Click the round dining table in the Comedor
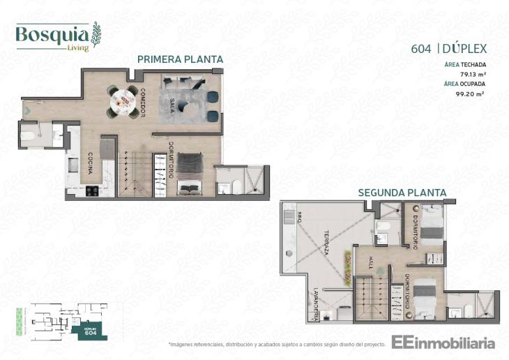coord(123,103)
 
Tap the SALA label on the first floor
coord(172,105)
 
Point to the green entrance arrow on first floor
coord(26,110)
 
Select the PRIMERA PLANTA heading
coord(180,60)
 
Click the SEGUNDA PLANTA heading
coord(402,193)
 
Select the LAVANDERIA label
coord(315,304)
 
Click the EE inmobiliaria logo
coord(443,343)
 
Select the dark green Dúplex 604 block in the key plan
coord(89,332)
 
